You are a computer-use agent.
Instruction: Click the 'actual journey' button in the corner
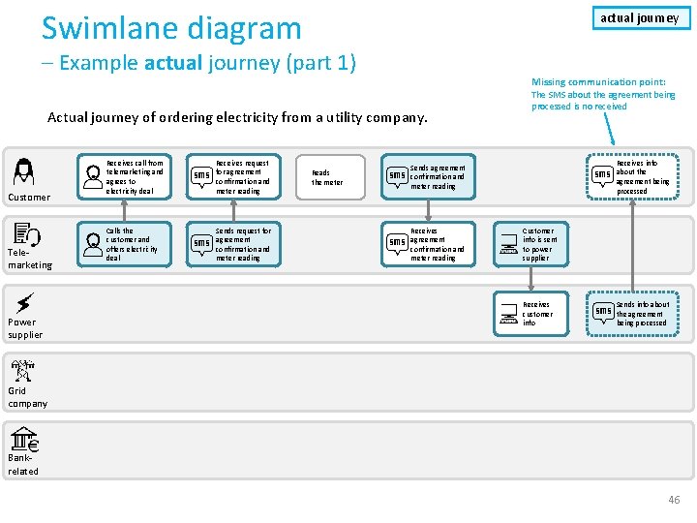point(639,17)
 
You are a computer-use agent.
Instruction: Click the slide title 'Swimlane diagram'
point(171,27)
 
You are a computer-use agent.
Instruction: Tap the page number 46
point(674,499)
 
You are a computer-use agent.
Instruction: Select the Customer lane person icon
point(23,172)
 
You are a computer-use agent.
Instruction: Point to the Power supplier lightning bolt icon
point(25,302)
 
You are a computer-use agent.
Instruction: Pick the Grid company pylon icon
point(23,370)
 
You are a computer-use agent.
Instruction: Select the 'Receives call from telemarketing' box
point(127,176)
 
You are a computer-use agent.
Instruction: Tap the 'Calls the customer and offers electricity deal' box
point(127,244)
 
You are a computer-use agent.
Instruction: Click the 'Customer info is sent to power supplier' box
point(531,244)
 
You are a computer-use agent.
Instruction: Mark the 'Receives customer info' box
point(531,312)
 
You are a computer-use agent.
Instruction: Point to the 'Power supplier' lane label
point(25,328)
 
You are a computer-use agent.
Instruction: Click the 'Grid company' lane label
point(27,397)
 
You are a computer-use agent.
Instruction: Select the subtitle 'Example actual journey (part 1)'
point(206,64)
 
